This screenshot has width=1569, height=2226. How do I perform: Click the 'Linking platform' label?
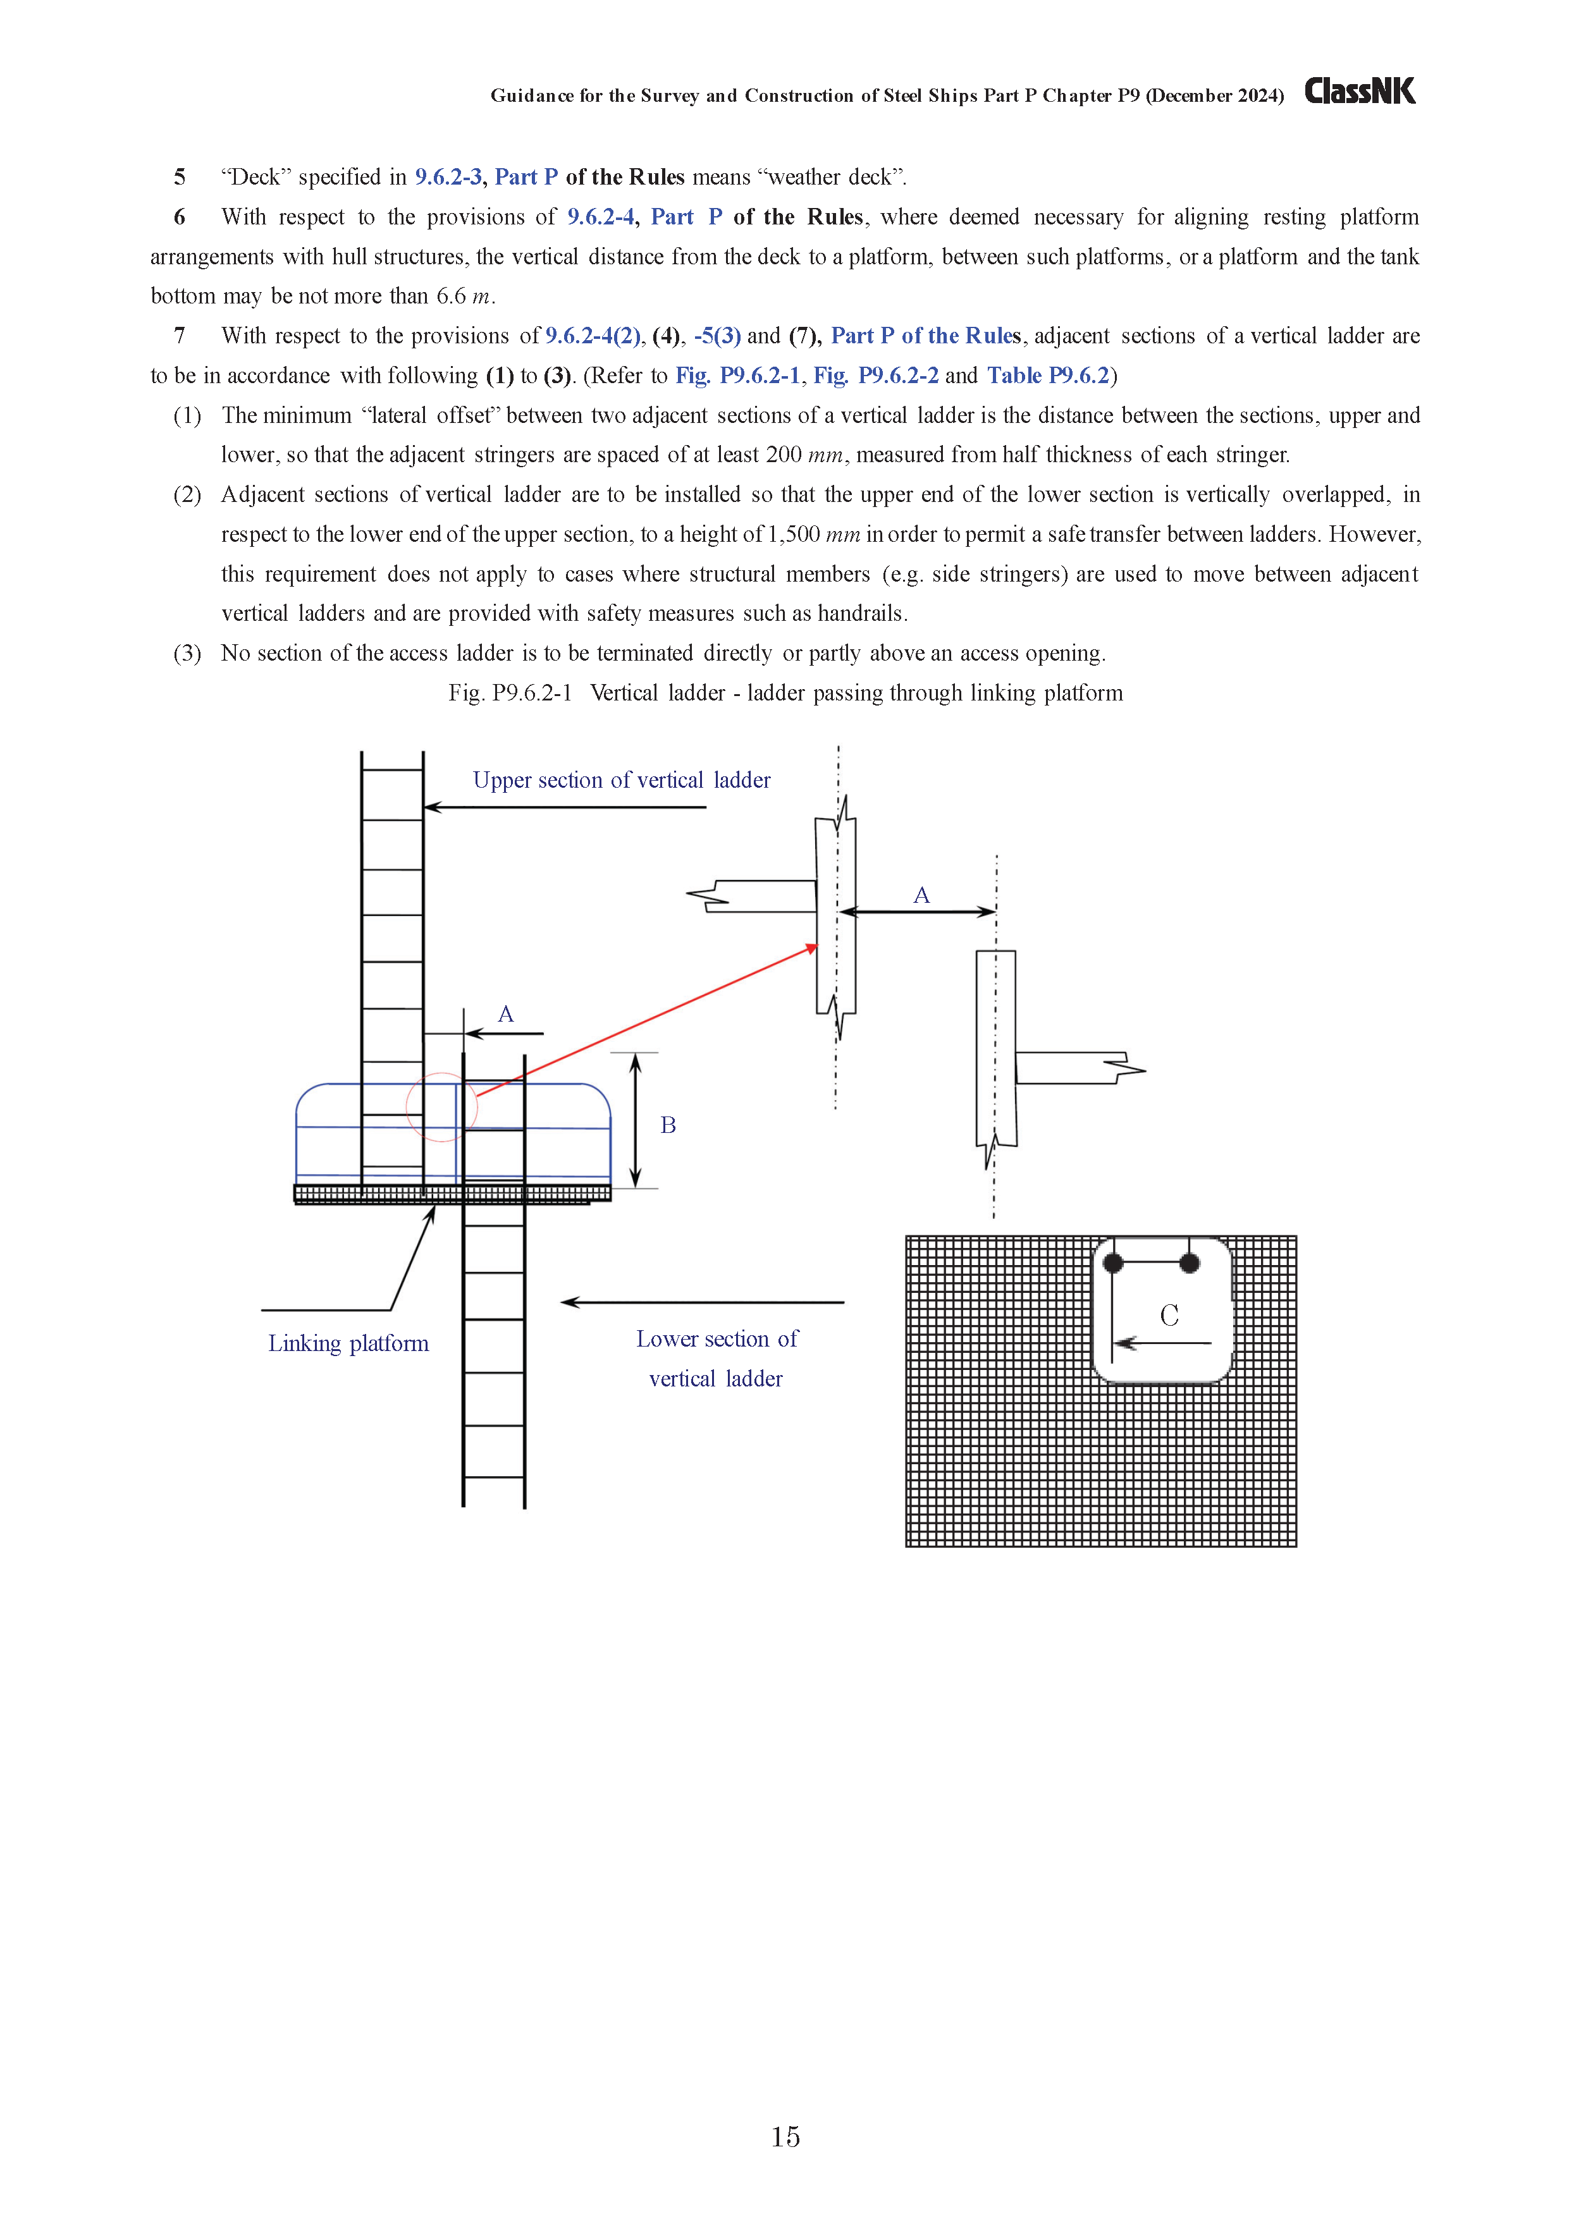click(x=348, y=1343)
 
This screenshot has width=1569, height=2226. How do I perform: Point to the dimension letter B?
click(x=668, y=1125)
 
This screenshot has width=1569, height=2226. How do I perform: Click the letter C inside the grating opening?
click(x=1169, y=1316)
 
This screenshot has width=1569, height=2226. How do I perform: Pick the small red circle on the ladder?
click(x=441, y=1107)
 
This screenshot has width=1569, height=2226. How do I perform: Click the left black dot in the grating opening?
click(x=1113, y=1263)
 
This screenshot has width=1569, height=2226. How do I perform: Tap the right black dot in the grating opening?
click(x=1190, y=1263)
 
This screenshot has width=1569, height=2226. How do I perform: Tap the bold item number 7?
click(x=180, y=336)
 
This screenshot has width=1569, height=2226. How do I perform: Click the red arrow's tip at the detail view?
click(x=815, y=947)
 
